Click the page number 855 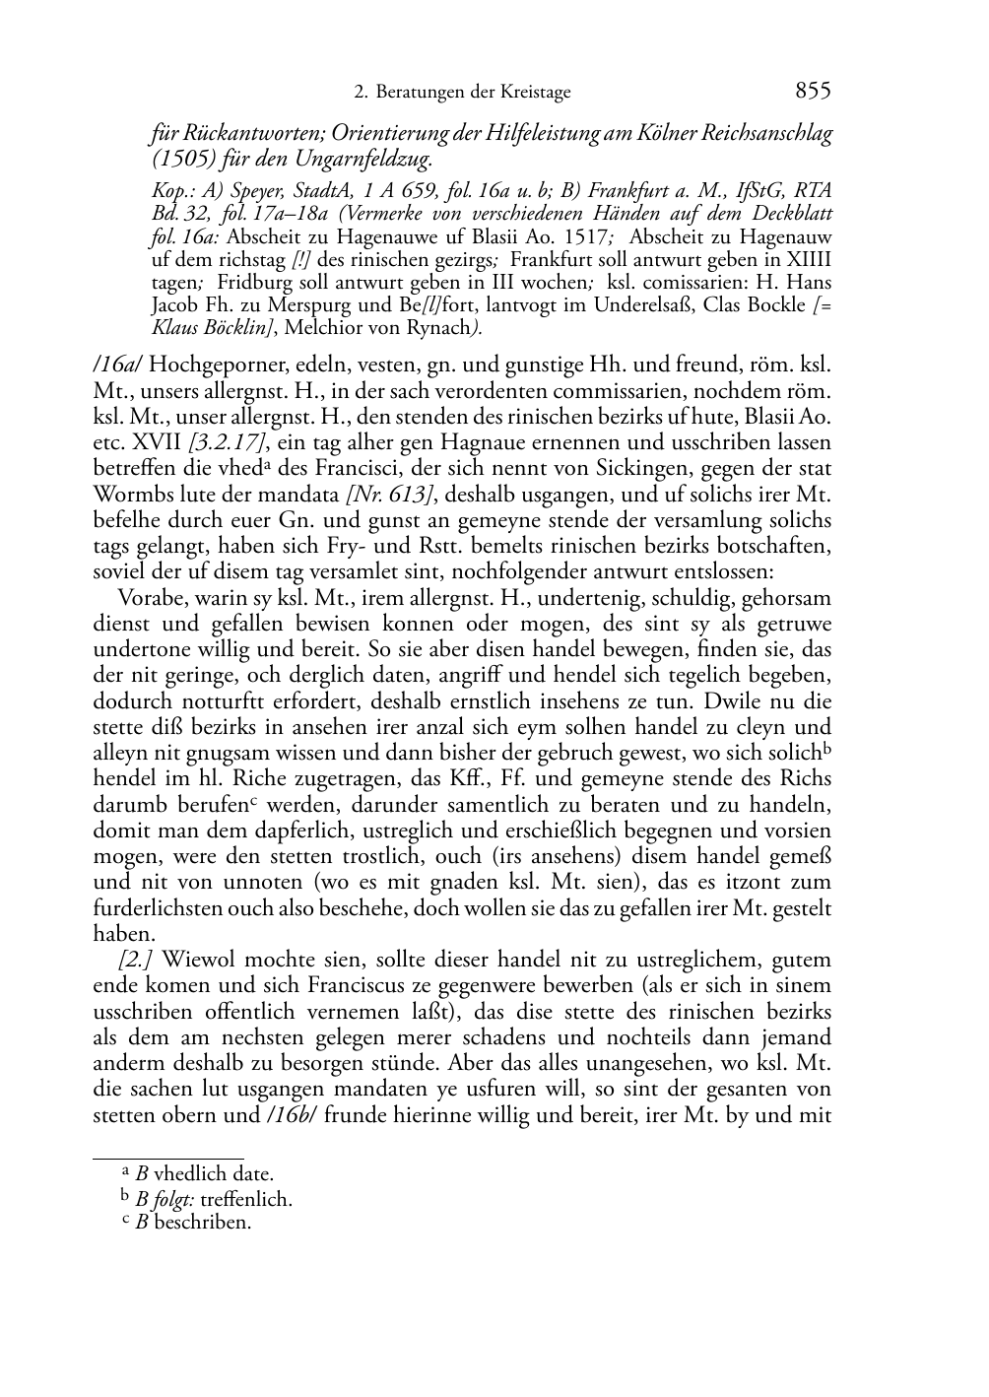click(x=813, y=91)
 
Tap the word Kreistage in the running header click(x=536, y=93)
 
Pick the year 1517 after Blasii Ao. click(x=564, y=237)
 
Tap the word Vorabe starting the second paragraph click(x=149, y=598)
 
